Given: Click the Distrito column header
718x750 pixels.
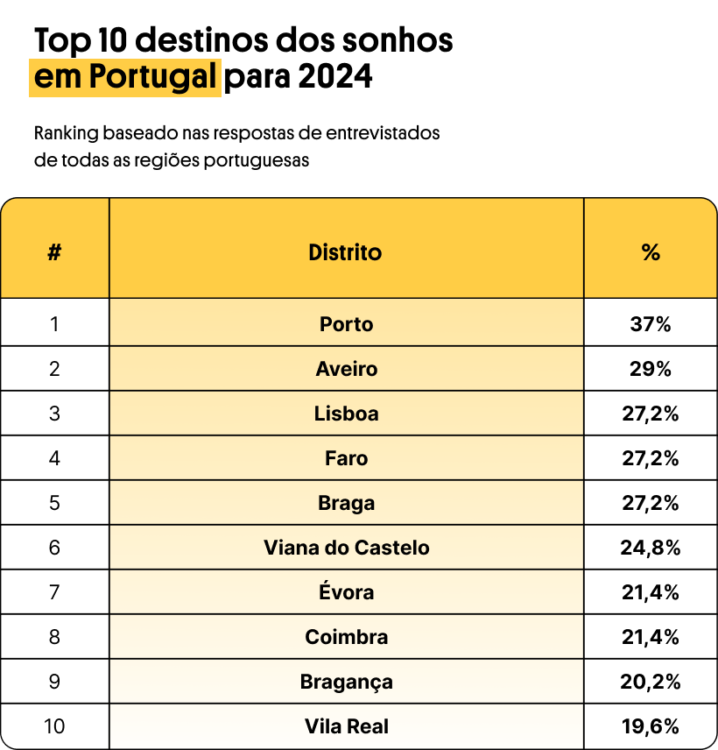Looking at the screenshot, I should pos(345,252).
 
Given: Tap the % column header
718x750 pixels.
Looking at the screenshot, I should pos(650,252).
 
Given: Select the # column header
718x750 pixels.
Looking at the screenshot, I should pos(54,252).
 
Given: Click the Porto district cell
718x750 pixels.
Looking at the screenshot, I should pos(346,324).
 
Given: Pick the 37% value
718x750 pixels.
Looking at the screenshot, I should pos(650,324).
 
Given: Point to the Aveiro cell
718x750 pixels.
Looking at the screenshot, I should pos(346,369).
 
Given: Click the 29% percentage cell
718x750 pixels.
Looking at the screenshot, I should pos(650,369).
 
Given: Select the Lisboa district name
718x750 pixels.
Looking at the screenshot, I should pos(346,414).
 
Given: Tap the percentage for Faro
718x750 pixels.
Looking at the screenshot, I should pos(650,458).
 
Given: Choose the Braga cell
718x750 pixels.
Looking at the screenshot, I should pos(346,503).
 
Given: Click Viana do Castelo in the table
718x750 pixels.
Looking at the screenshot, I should pos(346,548).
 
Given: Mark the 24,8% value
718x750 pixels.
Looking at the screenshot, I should pos(650,548).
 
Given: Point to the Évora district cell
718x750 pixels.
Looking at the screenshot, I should pos(346,592).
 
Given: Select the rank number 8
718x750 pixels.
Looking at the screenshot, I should pos(54,637).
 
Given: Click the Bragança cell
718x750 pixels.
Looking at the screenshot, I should pos(346,682).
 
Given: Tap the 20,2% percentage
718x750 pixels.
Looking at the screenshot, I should pos(650,682).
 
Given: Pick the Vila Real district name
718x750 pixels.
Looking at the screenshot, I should pos(346,726).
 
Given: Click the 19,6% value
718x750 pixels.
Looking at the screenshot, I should pos(650,726).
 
